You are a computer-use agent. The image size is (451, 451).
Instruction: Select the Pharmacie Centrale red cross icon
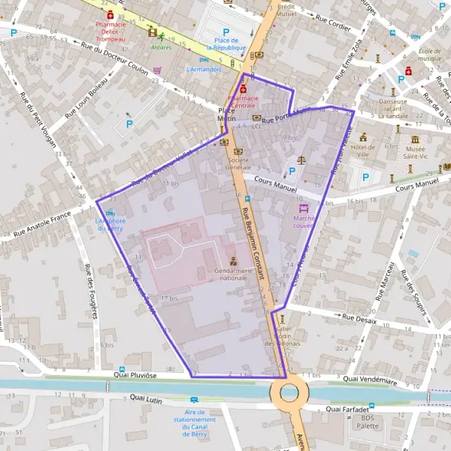243,89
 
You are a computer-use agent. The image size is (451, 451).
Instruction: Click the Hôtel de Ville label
363,151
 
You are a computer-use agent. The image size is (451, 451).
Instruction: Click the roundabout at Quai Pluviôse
288,392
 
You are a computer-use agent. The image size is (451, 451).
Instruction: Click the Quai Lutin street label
147,397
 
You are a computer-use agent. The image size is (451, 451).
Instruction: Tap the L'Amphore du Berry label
110,225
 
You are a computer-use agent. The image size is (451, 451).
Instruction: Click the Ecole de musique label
428,55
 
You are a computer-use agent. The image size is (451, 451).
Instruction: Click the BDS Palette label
367,421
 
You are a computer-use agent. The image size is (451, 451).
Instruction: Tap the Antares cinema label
159,47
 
